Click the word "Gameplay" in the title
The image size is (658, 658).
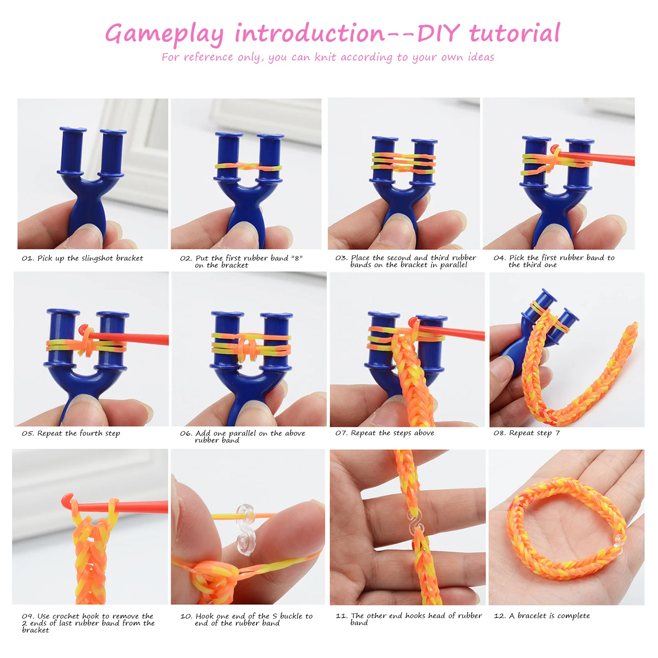click(x=164, y=34)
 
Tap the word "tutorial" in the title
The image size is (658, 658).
click(x=515, y=33)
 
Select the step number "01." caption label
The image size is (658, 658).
click(x=28, y=259)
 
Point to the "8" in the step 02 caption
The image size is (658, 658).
click(x=297, y=258)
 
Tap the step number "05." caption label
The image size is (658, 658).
click(x=28, y=434)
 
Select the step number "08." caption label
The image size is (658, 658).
click(x=499, y=433)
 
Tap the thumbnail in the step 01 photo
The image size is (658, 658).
click(x=86, y=235)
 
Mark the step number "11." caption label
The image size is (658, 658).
click(x=341, y=616)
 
